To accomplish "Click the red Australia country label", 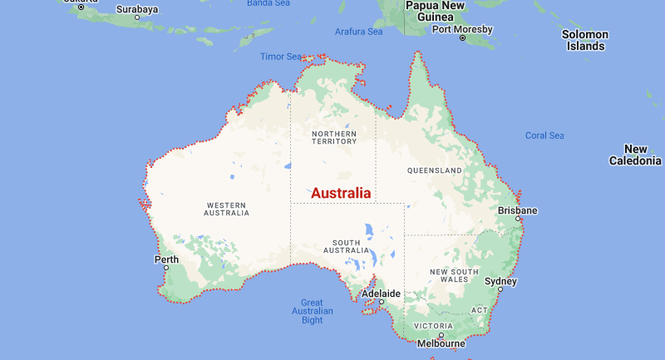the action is coord(341,193).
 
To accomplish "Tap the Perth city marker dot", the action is coord(166,268).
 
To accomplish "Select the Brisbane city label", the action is coord(518,210).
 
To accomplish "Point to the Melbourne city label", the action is coord(441,343).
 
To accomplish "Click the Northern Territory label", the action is coord(333,137).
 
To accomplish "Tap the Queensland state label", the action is coord(434,170).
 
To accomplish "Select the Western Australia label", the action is coord(226,208).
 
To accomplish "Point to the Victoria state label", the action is coord(433,325).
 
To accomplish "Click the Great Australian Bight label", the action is coord(312,311).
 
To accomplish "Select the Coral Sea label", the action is coord(544,136).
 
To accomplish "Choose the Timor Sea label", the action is coord(281,57).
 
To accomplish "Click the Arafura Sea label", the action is coord(358,32).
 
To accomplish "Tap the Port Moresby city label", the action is coord(462,29).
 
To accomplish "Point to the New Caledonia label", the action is coord(635,155).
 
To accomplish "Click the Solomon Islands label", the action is coord(585,40).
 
